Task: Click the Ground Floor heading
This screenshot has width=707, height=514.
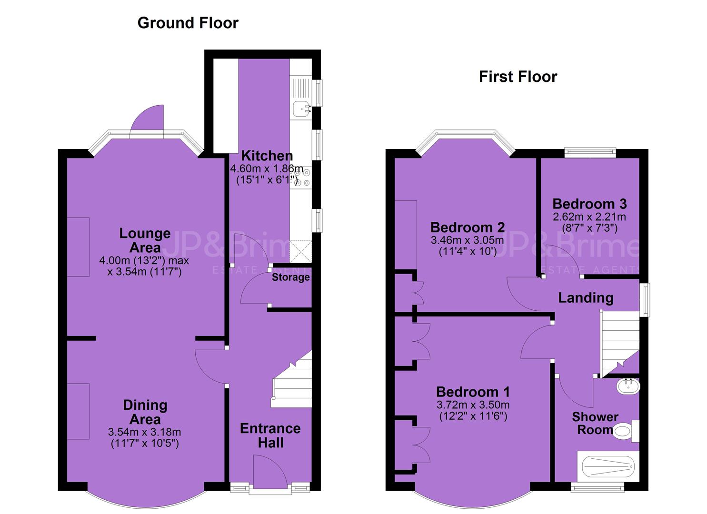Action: click(x=188, y=23)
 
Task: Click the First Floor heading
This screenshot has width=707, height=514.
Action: click(x=518, y=77)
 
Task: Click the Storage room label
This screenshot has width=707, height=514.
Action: click(x=291, y=277)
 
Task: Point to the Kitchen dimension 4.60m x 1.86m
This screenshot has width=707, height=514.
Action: click(x=267, y=168)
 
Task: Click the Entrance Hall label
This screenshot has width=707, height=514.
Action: click(x=270, y=435)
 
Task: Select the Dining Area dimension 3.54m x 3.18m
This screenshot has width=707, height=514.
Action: click(x=145, y=432)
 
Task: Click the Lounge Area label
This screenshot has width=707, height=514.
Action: click(x=145, y=240)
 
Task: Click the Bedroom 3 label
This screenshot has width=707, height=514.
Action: click(x=589, y=204)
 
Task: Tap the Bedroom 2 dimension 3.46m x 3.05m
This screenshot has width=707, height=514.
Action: click(x=468, y=240)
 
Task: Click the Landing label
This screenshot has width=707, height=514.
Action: click(x=586, y=297)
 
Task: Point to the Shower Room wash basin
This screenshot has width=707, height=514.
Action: click(x=628, y=386)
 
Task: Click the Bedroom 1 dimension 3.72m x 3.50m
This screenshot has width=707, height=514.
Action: click(x=473, y=405)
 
